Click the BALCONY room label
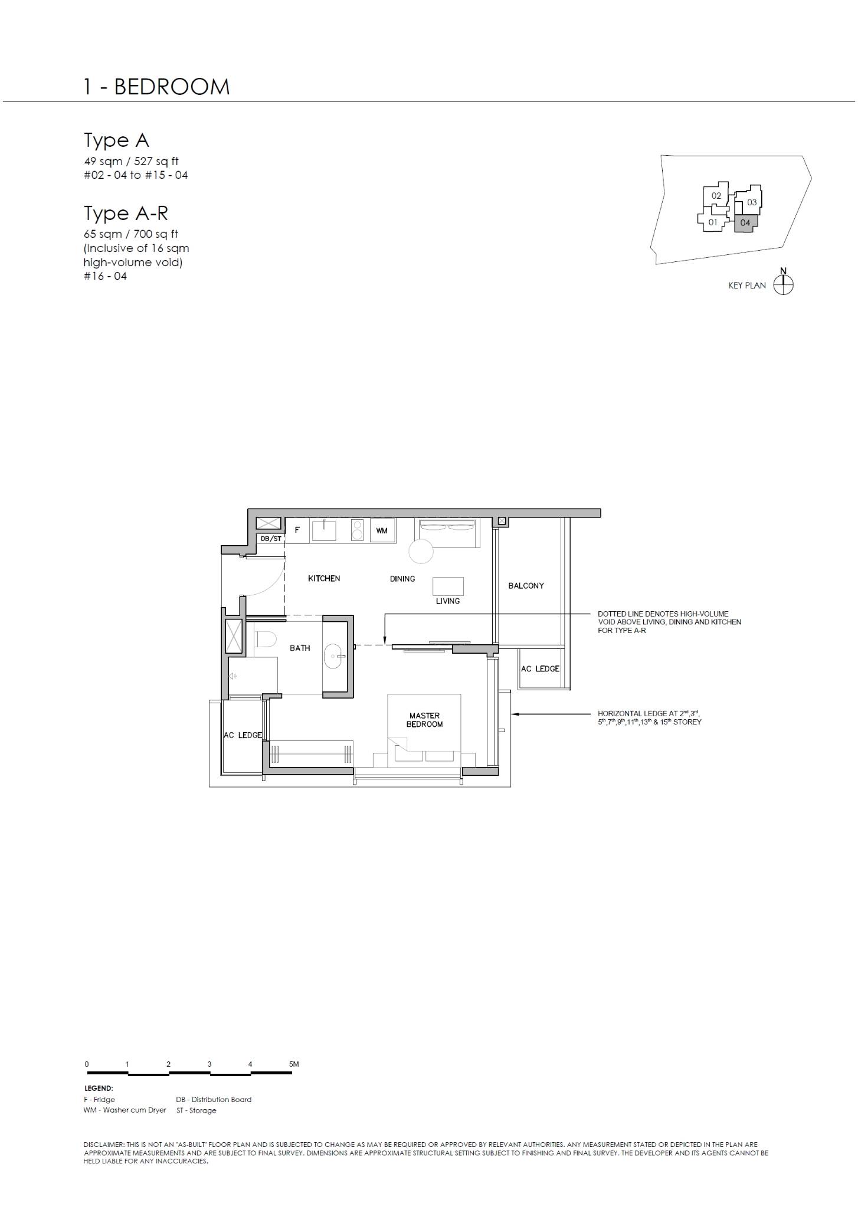526,586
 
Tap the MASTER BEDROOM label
424,720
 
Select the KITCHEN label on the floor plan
324,579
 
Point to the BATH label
300,648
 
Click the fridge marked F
297,530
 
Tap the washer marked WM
382,530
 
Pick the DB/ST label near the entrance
271,539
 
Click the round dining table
422,552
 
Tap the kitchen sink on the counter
324,530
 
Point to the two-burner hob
356,530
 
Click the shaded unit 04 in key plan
745,223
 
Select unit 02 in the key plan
716,196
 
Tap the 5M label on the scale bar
294,1064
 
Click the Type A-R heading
126,213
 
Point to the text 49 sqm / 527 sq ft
131,161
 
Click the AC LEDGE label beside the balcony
540,668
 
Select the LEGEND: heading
99,1088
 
